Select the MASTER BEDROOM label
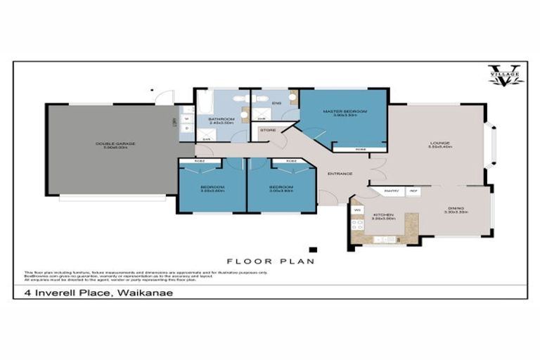click(x=345, y=112)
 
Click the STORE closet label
click(x=268, y=130)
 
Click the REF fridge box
click(x=413, y=191)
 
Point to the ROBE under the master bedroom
click(x=349, y=149)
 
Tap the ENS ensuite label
click(x=276, y=105)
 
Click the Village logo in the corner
click(x=506, y=75)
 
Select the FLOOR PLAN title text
click(x=269, y=260)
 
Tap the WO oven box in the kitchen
click(x=357, y=210)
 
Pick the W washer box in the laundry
click(x=186, y=119)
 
